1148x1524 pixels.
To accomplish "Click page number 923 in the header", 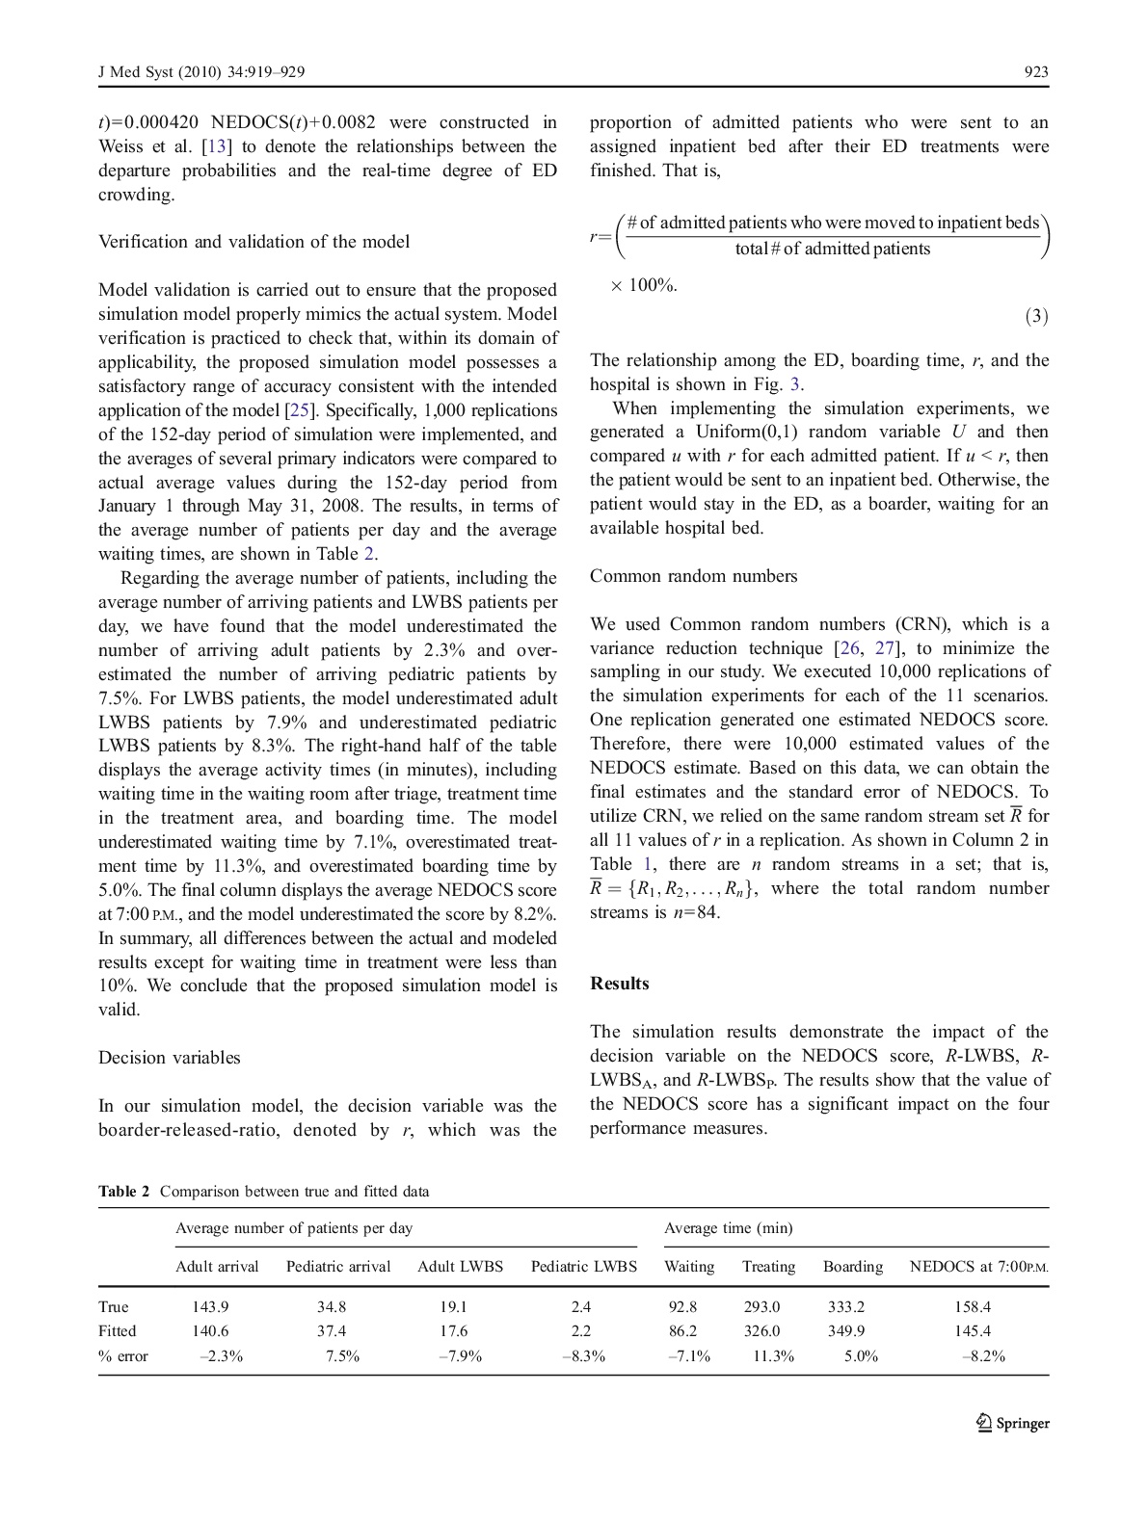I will [x=1036, y=72].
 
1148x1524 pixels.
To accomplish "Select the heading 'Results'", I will [x=620, y=984].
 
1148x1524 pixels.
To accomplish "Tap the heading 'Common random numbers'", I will [x=694, y=576].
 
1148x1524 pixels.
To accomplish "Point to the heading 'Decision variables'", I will [x=170, y=1058].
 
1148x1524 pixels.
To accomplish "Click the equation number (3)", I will [x=1036, y=316].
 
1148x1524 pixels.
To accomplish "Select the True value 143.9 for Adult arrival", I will [x=210, y=1307].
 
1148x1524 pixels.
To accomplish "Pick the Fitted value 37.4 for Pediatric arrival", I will [x=332, y=1331].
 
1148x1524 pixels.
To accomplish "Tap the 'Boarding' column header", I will [x=853, y=1267].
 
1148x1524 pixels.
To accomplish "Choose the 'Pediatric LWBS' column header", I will [x=584, y=1267].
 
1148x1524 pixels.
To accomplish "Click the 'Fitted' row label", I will [x=118, y=1331].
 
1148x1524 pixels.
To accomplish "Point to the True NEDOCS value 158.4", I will [x=973, y=1307].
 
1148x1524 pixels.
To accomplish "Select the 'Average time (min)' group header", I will [x=729, y=1228].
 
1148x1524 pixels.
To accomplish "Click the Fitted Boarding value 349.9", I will [x=846, y=1331].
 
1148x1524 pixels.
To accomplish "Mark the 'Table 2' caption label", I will [x=124, y=1192].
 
